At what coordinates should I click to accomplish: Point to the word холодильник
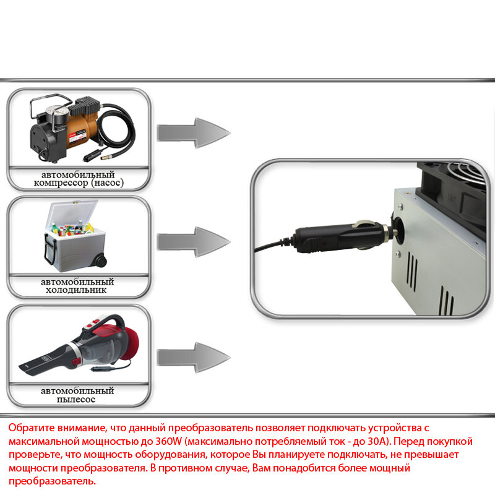click(x=78, y=290)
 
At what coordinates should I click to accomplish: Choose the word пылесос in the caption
click(x=78, y=400)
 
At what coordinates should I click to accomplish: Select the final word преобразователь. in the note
click(x=53, y=481)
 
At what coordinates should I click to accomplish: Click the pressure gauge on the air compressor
click(x=60, y=115)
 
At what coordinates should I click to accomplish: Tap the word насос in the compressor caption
click(x=110, y=183)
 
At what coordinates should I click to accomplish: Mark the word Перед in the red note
click(x=410, y=442)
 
